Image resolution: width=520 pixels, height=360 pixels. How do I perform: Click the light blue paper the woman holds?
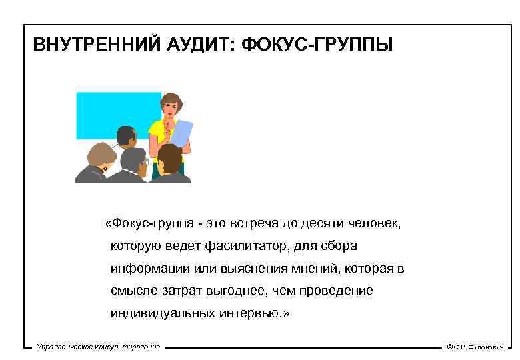tap(181, 133)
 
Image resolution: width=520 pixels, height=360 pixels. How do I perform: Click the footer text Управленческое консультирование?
tap(99, 347)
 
